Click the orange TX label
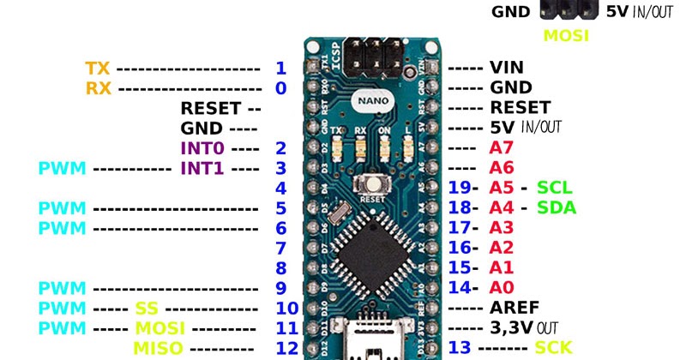click(98, 68)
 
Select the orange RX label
click(98, 87)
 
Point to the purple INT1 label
click(202, 167)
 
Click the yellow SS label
click(147, 308)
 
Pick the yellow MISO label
click(156, 347)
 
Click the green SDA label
click(556, 207)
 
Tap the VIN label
click(506, 68)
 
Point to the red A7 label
click(501, 147)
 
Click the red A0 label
click(501, 288)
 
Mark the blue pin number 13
click(460, 347)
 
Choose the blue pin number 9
click(280, 288)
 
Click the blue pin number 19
click(460, 187)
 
